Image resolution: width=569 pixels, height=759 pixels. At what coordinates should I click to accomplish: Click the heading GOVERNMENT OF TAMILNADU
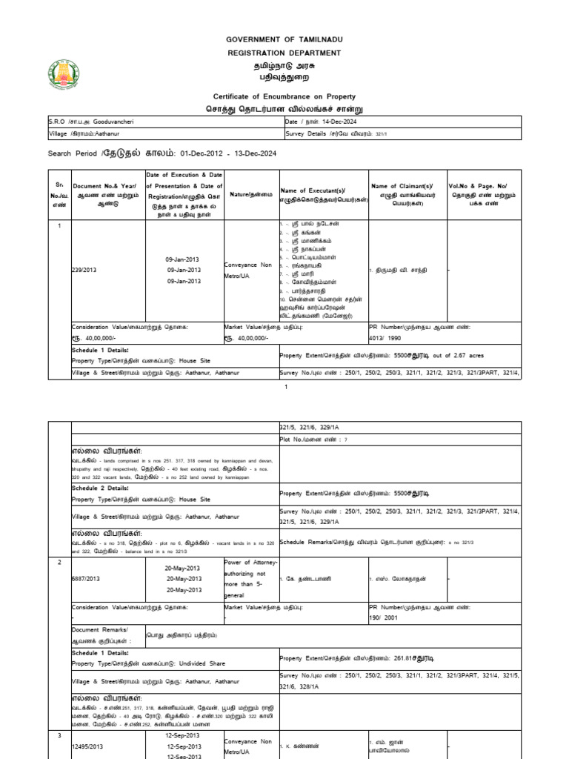(x=284, y=39)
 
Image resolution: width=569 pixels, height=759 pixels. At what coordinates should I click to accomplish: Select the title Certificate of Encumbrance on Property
(x=284, y=96)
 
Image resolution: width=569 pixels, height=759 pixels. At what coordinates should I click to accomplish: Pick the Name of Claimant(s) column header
(x=405, y=190)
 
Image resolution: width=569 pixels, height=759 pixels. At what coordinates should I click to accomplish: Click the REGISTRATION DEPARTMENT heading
(x=284, y=53)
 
